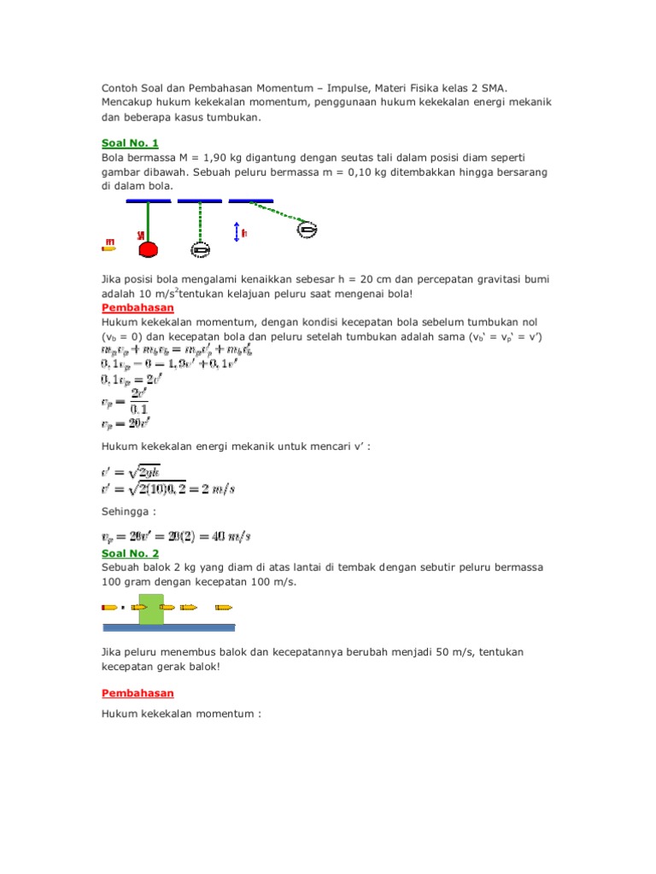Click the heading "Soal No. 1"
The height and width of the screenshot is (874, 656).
coord(130,143)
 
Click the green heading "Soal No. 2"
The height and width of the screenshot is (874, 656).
coord(130,553)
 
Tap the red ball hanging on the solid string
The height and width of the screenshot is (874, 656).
coord(149,249)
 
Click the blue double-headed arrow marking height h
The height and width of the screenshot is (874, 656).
coord(236,230)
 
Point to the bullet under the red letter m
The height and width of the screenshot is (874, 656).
coord(108,248)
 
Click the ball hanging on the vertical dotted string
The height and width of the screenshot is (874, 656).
coord(199,249)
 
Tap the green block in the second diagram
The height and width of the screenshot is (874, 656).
coord(151,609)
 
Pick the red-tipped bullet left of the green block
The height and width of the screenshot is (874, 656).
coord(109,608)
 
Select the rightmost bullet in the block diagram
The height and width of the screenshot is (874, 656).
coord(224,608)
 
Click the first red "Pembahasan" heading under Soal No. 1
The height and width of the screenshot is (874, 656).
coord(138,307)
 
